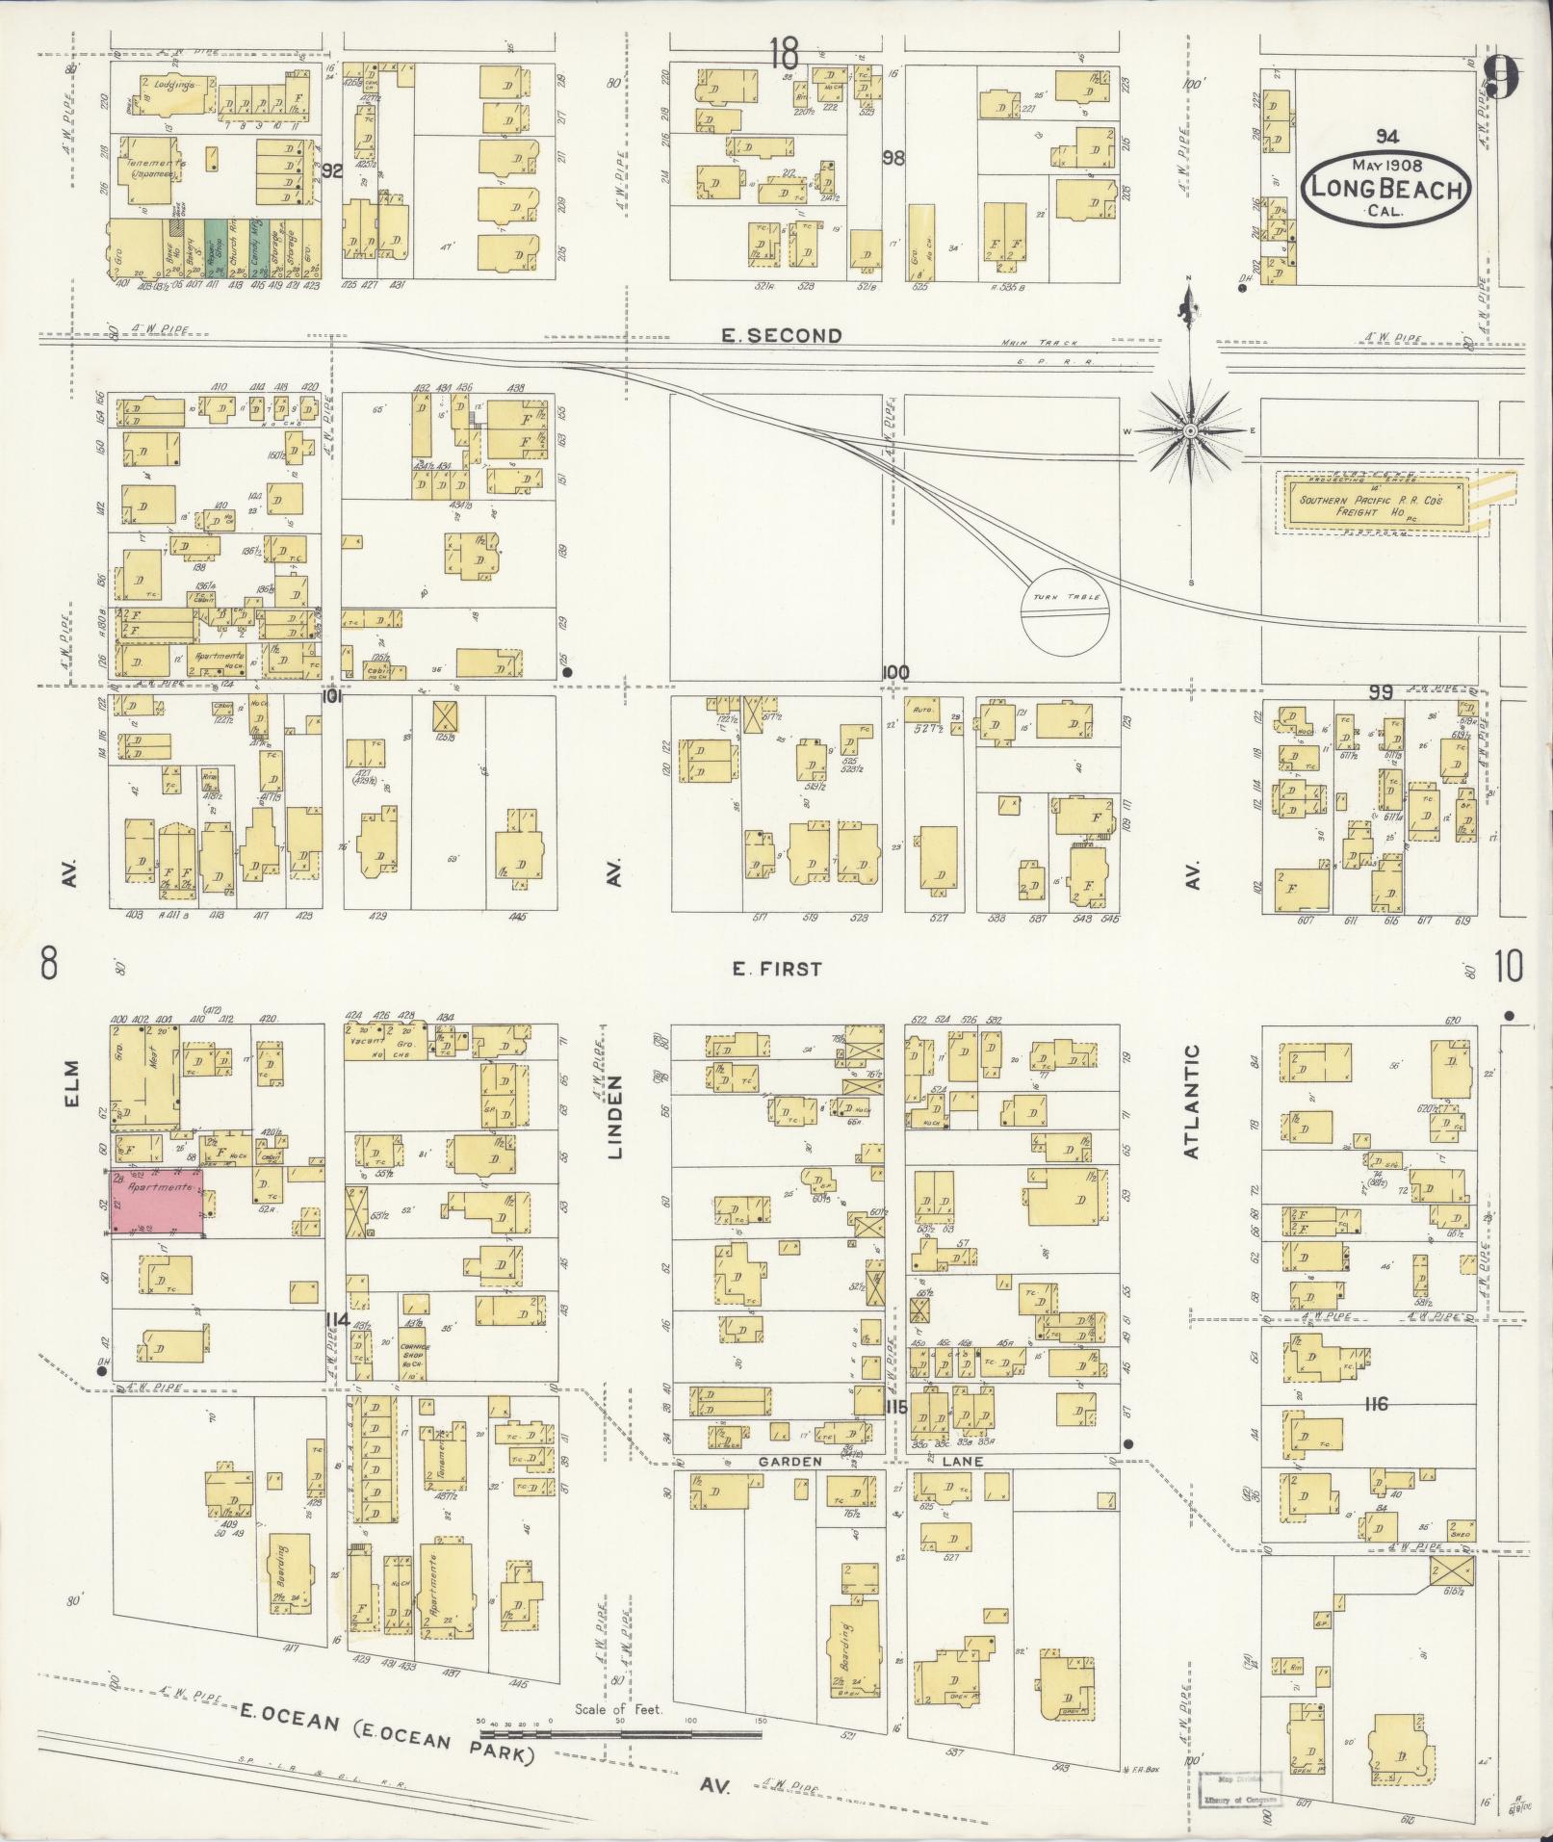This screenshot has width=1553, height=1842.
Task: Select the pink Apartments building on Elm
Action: click(x=156, y=1200)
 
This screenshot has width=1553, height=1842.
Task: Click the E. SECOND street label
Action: click(x=781, y=335)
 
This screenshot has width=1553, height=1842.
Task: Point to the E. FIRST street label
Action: click(x=777, y=969)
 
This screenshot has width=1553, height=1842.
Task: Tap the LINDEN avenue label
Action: click(x=616, y=1116)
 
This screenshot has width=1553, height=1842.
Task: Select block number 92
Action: click(x=333, y=171)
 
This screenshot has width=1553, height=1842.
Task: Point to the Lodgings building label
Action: click(x=174, y=85)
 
